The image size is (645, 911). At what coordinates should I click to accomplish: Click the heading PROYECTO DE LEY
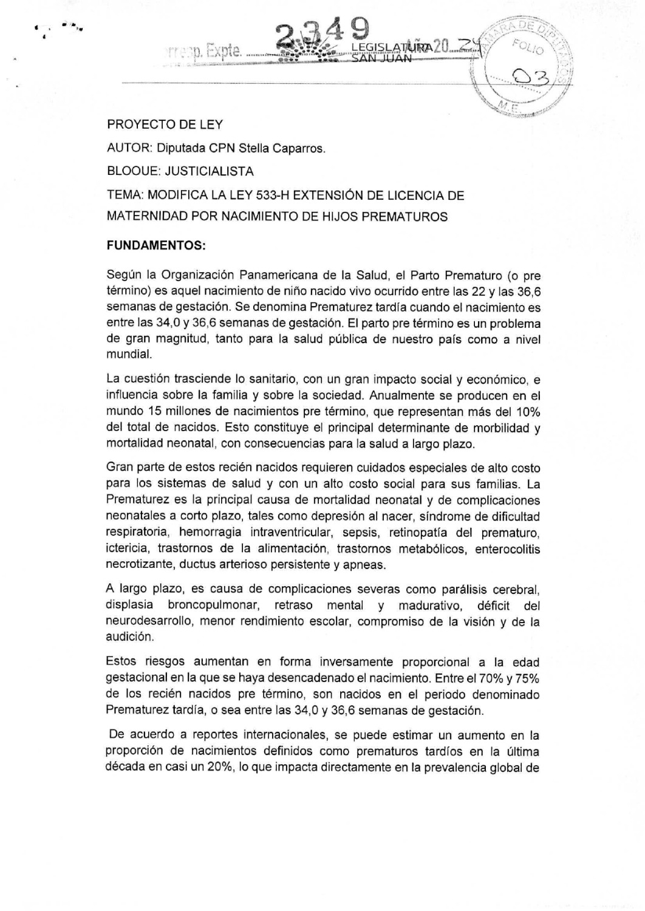pyautogui.click(x=165, y=125)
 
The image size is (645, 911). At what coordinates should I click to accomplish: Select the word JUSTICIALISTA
pyautogui.click(x=210, y=171)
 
